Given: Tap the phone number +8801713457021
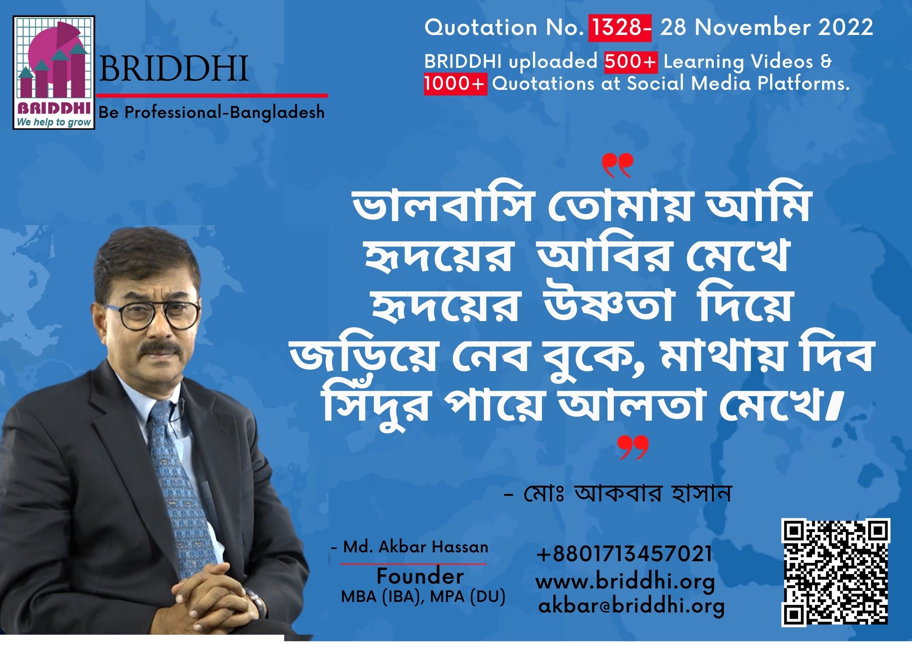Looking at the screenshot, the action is tap(625, 554).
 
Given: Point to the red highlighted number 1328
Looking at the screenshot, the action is tap(620, 28).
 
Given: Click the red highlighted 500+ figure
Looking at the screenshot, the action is tap(631, 62).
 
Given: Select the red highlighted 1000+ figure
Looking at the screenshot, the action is tap(455, 84).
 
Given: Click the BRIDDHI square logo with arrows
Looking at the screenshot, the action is tap(54, 72).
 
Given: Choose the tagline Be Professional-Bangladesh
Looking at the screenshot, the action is tap(212, 113).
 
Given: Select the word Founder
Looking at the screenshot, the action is tap(420, 576).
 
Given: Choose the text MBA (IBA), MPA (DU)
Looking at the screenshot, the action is tap(423, 597).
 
